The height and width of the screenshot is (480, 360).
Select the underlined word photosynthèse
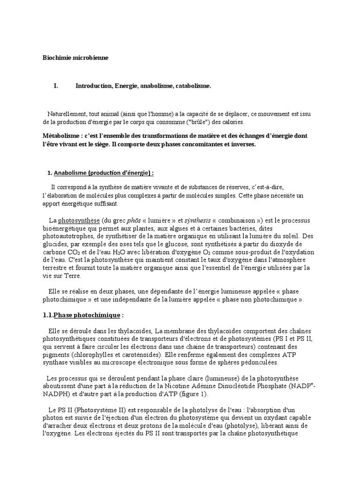pyautogui.click(x=79, y=220)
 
